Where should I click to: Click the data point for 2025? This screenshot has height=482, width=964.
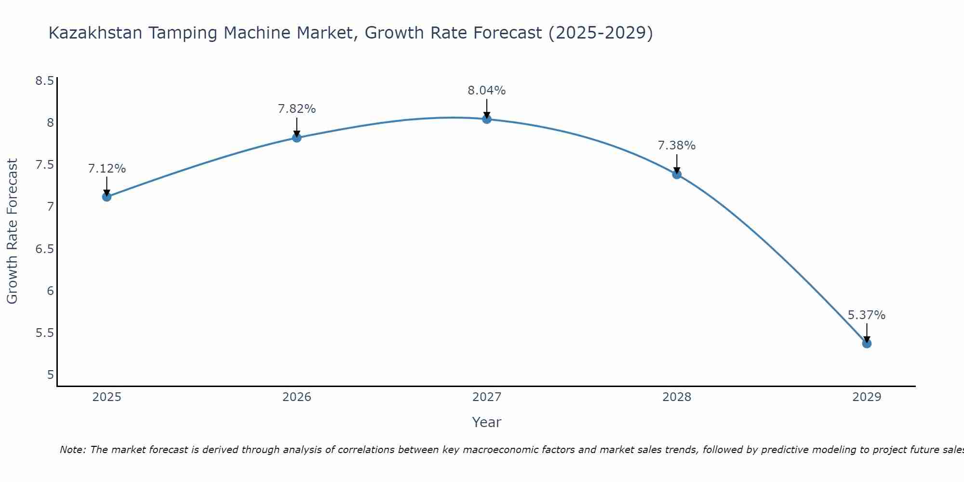[107, 197]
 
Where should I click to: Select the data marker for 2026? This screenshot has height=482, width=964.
[297, 138]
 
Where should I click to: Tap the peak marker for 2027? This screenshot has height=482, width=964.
[487, 119]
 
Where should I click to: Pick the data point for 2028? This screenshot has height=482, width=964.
[677, 174]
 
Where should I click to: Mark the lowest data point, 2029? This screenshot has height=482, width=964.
[867, 344]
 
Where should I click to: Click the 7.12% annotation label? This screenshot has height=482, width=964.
[107, 169]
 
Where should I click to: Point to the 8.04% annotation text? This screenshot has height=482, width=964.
[487, 91]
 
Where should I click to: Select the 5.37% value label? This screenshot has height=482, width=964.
[867, 315]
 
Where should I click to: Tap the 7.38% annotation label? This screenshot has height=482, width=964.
[677, 146]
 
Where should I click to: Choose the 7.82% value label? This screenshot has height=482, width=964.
[297, 109]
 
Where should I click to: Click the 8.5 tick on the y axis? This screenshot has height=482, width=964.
[44, 80]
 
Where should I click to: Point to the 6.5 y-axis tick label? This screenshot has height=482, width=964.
[44, 249]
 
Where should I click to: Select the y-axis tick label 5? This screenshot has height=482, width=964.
[51, 375]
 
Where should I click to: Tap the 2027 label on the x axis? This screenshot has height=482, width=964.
[487, 397]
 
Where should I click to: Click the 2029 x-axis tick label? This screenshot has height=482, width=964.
[867, 397]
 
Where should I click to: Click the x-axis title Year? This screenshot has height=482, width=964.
[487, 422]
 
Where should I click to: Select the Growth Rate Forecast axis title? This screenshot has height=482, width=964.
[13, 231]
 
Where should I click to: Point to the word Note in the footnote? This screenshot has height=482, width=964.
[72, 450]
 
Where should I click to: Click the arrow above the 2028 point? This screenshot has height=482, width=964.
[677, 164]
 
